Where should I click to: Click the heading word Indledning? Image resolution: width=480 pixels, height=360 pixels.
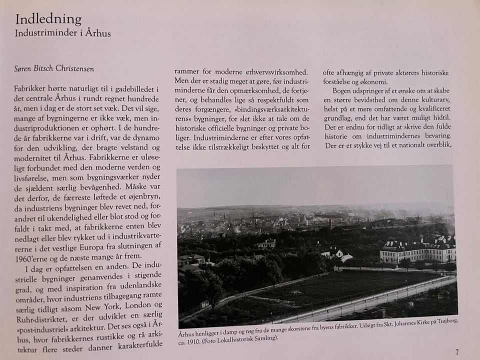coord(48,19)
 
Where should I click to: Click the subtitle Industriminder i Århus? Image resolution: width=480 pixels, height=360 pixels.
coord(63,34)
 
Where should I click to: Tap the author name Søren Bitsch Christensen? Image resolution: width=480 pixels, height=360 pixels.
coord(54,69)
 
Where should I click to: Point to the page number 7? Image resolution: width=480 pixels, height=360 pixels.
coord(457,352)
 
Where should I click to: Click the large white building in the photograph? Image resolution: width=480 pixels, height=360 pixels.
coord(417,251)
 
